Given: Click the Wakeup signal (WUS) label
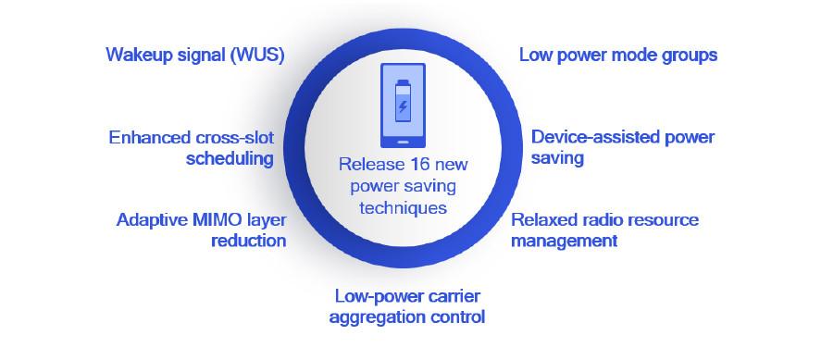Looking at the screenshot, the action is (194, 55).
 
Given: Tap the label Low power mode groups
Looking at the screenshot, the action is (618, 55).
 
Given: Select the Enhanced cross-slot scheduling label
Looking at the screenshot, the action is (191, 148).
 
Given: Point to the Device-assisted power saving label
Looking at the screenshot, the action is (623, 147).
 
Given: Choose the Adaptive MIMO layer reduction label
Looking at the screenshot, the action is (201, 230).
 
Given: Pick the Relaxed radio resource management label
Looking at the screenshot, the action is (604, 230).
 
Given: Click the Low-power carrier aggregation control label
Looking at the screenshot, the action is (407, 306).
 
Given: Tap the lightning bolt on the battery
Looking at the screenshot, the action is (403, 106).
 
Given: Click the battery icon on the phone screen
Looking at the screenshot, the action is (403, 101).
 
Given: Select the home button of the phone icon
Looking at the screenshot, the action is (403, 142).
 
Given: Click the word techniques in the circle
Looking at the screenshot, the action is (403, 207).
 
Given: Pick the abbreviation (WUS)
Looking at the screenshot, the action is (257, 55).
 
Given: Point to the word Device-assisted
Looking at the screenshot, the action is (596, 137).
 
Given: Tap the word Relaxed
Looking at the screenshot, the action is (540, 219).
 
